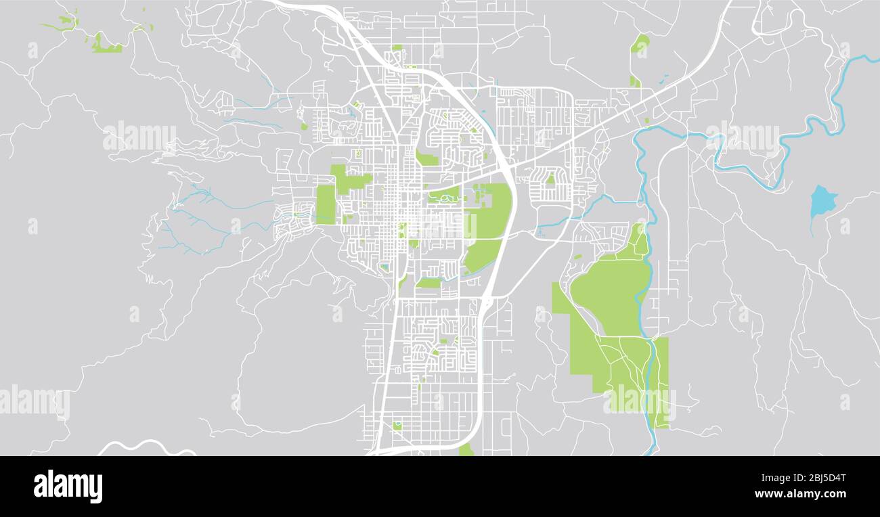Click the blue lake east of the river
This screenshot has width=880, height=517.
(x=822, y=200)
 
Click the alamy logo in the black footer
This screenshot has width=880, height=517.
(x=68, y=487)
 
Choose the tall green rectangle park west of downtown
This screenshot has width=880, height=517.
(x=326, y=204)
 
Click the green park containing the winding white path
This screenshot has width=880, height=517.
(x=443, y=197)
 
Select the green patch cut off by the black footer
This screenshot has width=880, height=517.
(x=466, y=449)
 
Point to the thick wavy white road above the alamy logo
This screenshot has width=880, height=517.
(x=146, y=447)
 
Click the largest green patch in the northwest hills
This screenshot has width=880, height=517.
(x=105, y=45)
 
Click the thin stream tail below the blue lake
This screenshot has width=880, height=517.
(x=811, y=227)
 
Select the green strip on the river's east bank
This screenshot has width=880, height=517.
(x=661, y=379)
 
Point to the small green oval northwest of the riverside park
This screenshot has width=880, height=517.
(x=577, y=256)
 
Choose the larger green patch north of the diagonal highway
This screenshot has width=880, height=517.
(x=640, y=44)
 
